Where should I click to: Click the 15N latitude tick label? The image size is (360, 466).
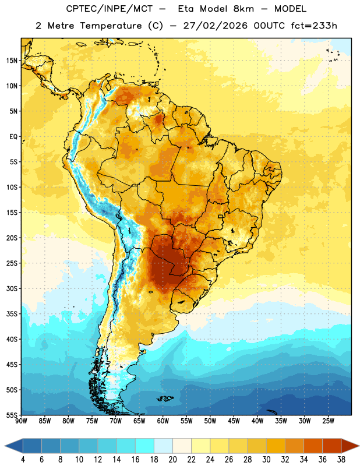12,61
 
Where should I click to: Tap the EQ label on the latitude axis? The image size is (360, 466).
13,137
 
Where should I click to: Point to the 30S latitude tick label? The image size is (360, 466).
12,288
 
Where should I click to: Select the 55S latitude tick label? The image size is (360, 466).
12,415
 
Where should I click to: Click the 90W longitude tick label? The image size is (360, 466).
21,421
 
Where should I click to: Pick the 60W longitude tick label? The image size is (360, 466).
163,421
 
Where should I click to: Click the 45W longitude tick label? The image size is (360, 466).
234,421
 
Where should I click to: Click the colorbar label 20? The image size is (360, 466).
172,460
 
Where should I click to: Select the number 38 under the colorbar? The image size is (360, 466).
341,460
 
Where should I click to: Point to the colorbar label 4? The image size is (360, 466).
23,460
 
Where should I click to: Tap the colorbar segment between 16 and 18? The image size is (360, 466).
145,446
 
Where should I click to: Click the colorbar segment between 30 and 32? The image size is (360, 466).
276,446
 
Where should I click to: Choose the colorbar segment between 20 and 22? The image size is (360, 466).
182,446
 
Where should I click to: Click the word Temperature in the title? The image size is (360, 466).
111,26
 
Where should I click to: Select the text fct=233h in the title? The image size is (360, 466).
314,26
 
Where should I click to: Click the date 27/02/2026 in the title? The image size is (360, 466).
215,26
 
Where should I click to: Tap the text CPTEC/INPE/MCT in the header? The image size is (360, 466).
110,9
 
